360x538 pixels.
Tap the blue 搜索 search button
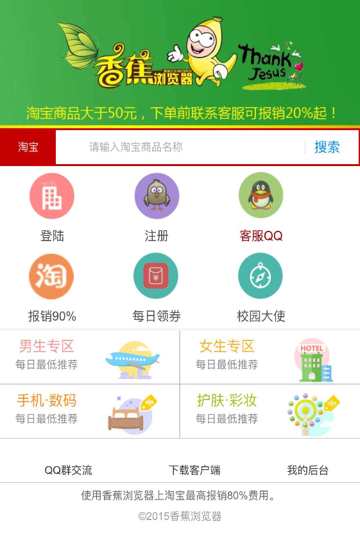(327, 147)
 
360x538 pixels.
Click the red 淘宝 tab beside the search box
(28, 147)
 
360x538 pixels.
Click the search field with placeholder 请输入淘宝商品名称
(180, 147)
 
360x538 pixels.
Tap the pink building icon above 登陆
(52, 196)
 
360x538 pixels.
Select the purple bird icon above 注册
(157, 196)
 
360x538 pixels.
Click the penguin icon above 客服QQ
(261, 195)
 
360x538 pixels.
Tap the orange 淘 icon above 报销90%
(51, 276)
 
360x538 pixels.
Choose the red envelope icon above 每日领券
(156, 276)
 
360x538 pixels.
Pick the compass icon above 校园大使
(260, 276)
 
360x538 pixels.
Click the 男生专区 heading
(46, 346)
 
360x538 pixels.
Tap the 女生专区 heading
(227, 346)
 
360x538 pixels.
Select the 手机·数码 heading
(46, 400)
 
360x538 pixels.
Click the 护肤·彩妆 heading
(227, 400)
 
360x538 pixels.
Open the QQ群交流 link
(68, 470)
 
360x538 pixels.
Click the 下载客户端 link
(194, 470)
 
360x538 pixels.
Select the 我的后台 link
(307, 470)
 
